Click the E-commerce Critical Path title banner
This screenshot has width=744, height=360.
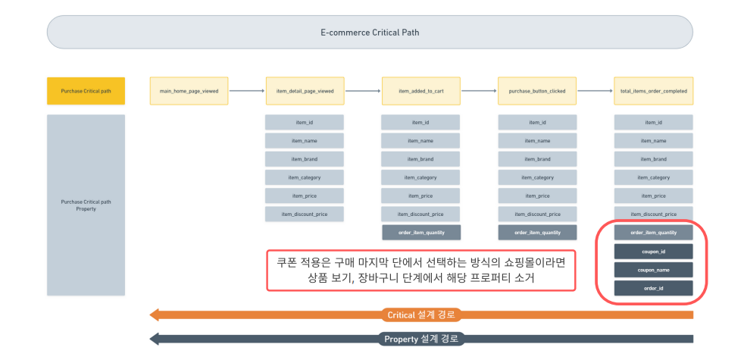pyautogui.click(x=369, y=33)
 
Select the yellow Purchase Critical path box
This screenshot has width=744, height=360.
pyautogui.click(x=86, y=91)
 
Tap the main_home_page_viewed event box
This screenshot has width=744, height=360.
pyautogui.click(x=189, y=91)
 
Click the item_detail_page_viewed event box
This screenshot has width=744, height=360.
pyautogui.click(x=305, y=91)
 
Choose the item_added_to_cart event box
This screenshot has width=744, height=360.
pyautogui.click(x=420, y=91)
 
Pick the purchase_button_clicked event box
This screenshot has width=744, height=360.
pyautogui.click(x=537, y=91)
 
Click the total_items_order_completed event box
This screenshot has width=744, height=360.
pyautogui.click(x=653, y=91)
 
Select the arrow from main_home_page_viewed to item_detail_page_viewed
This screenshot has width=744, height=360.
pyautogui.click(x=247, y=91)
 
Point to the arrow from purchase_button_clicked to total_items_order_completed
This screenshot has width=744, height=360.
pyautogui.click(x=596, y=91)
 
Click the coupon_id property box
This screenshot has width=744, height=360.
pyautogui.click(x=653, y=251)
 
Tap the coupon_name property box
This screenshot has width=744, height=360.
pyautogui.click(x=653, y=269)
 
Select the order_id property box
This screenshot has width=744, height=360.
pyautogui.click(x=653, y=288)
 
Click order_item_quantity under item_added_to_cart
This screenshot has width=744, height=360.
pyautogui.click(x=420, y=233)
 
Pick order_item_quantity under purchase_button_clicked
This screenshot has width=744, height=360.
pyautogui.click(x=537, y=233)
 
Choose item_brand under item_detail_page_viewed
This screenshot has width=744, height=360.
pyautogui.click(x=305, y=159)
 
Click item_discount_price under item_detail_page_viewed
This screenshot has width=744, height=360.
pyautogui.click(x=305, y=214)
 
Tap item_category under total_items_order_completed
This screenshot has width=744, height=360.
pyautogui.click(x=653, y=177)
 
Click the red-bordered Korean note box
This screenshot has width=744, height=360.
pyautogui.click(x=420, y=270)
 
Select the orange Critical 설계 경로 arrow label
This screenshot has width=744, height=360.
pyautogui.click(x=422, y=315)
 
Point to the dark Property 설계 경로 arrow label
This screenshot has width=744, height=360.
pyautogui.click(x=422, y=339)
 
